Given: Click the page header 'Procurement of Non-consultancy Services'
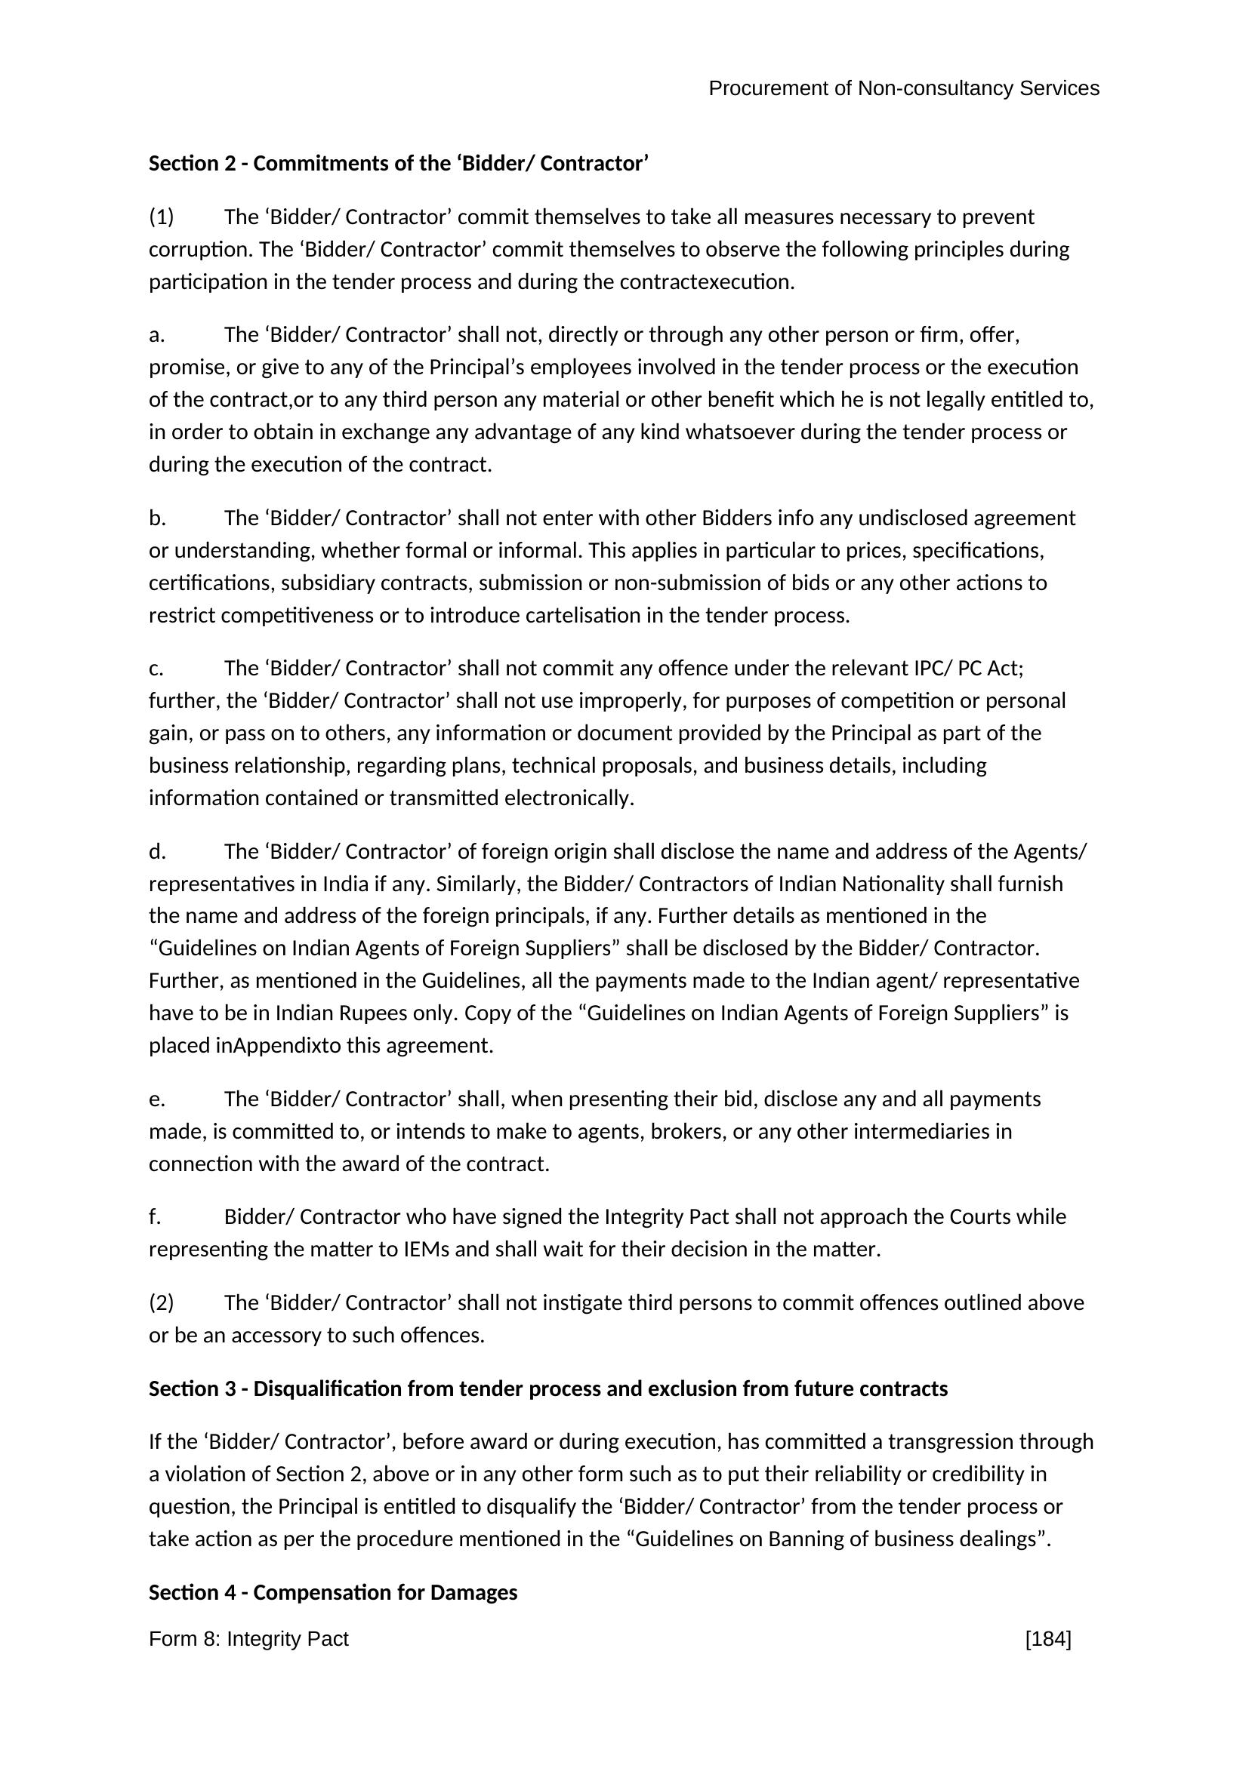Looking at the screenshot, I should point(903,88).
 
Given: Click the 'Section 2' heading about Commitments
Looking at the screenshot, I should point(399,164).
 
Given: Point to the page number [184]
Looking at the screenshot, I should point(1047,1639).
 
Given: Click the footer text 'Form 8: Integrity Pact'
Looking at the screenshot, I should point(248,1639).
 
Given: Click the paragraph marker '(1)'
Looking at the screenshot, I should point(162,217).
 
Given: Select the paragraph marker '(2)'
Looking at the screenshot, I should point(162,1302).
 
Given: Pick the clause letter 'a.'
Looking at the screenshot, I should point(157,335).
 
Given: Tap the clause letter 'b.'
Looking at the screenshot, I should point(157,518).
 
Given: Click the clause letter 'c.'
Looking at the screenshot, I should point(156,669).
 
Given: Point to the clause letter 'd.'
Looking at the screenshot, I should point(157,852).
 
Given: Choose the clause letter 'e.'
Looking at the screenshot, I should point(157,1099).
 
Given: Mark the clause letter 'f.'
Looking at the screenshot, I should point(155,1216).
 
